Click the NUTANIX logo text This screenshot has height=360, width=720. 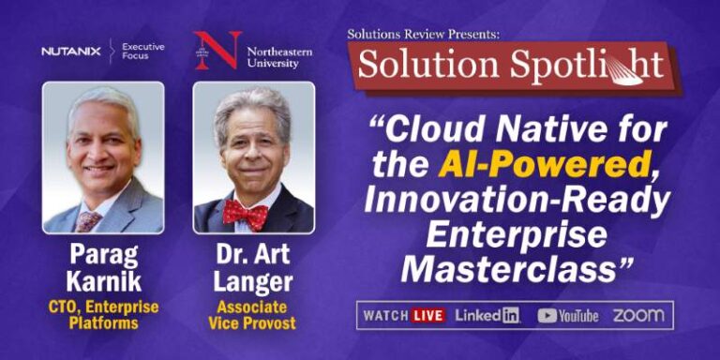point(70,52)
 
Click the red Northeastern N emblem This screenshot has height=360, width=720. point(217,50)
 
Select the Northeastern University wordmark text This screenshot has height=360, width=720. point(279,57)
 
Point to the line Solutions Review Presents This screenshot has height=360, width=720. point(423,34)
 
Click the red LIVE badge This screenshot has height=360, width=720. point(427,315)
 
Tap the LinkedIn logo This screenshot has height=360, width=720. point(487,315)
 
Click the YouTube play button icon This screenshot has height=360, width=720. point(547,316)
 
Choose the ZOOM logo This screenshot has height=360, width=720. point(638,315)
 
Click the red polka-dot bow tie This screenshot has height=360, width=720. point(246,213)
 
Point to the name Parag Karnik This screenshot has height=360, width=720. point(103,269)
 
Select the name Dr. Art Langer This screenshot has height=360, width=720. point(253,269)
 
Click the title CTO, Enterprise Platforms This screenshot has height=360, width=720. point(103,315)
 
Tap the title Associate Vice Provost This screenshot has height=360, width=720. point(252,315)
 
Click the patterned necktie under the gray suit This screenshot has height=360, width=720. point(88,222)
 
